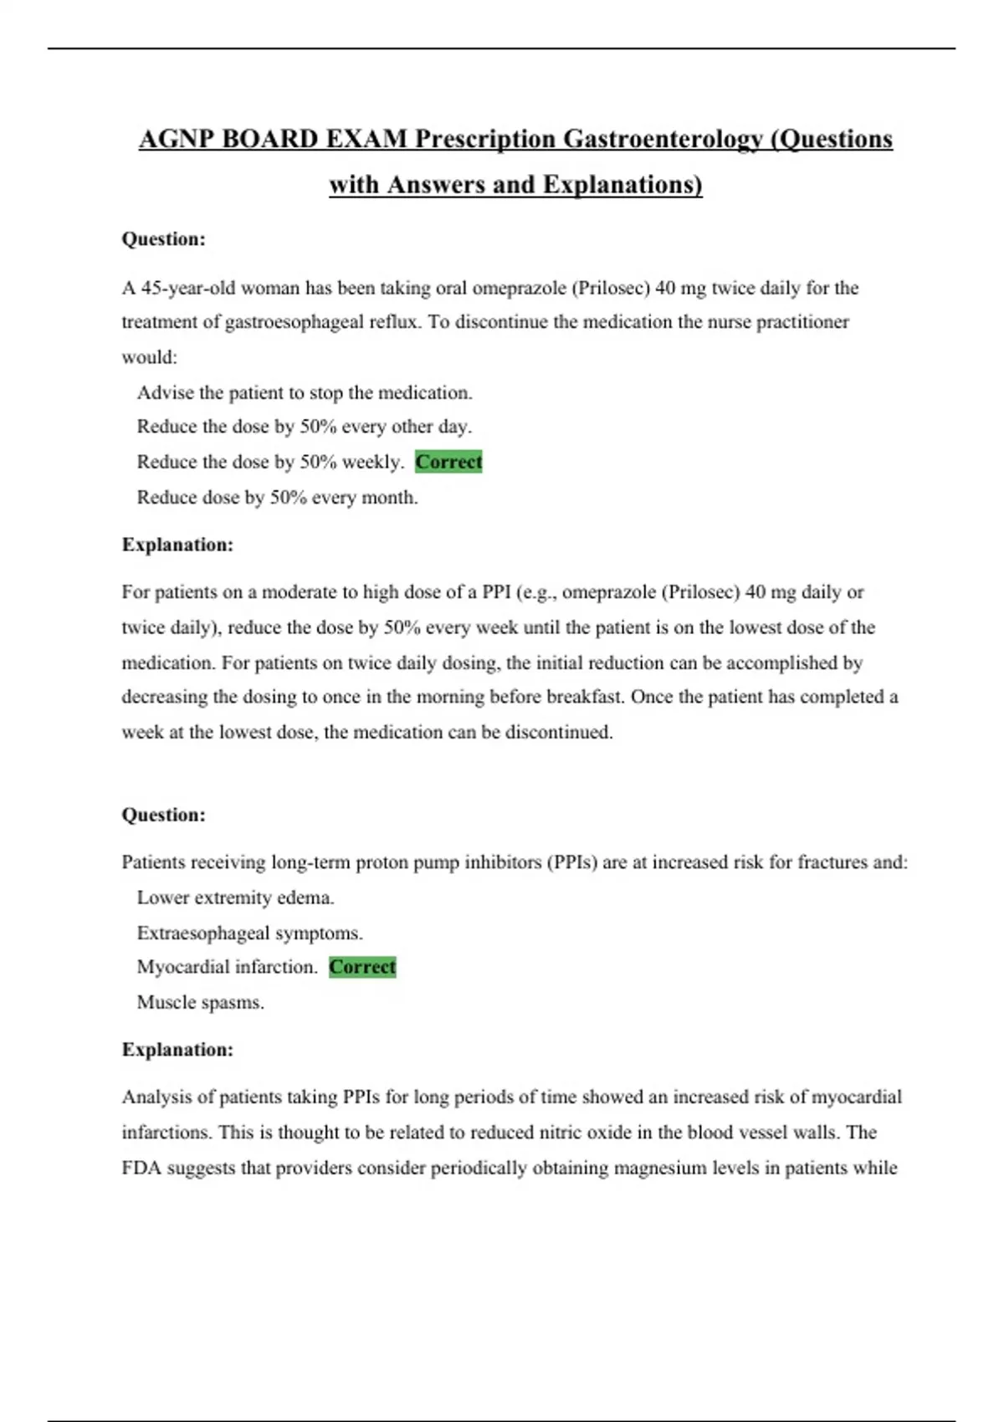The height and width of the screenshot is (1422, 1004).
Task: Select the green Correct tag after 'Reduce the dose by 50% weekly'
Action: tap(448, 462)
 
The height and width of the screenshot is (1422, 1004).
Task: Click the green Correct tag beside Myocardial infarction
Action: tap(362, 967)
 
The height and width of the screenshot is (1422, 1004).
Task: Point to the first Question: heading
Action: tap(163, 239)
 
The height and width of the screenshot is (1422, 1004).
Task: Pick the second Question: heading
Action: tap(163, 815)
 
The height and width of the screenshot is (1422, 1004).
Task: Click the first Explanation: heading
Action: tap(177, 545)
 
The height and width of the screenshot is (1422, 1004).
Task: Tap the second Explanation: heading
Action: tap(177, 1050)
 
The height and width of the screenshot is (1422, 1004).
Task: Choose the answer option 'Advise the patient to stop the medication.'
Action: tap(305, 392)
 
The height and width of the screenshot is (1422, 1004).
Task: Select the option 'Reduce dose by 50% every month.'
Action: tap(277, 498)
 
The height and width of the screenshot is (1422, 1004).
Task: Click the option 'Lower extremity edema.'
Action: tap(235, 898)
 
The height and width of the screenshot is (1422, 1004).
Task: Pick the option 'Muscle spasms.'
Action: tap(200, 1002)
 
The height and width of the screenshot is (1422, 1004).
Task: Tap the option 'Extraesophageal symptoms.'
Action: tap(249, 933)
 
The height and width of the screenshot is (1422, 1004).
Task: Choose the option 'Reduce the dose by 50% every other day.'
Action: tap(305, 427)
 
